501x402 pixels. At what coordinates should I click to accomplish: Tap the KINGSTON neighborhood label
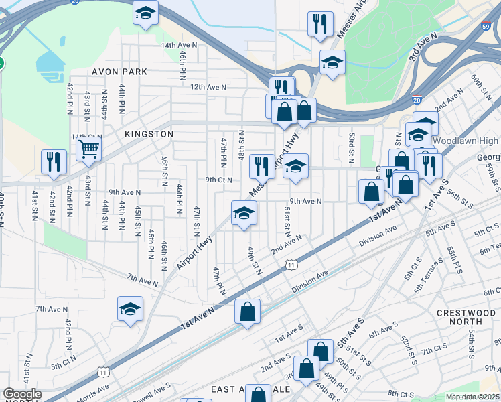[x=149, y=134]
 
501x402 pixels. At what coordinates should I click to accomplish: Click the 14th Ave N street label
[x=179, y=45]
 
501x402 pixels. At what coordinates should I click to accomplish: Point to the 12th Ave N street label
[x=208, y=87]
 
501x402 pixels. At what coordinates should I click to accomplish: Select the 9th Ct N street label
[x=218, y=180]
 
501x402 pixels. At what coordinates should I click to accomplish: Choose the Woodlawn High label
[x=465, y=141]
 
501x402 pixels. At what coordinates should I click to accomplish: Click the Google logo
[x=22, y=394]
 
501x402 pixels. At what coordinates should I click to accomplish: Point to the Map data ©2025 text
[x=472, y=397]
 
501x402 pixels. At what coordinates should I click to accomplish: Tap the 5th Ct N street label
[x=64, y=366]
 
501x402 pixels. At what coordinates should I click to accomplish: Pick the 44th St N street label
[x=122, y=99]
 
